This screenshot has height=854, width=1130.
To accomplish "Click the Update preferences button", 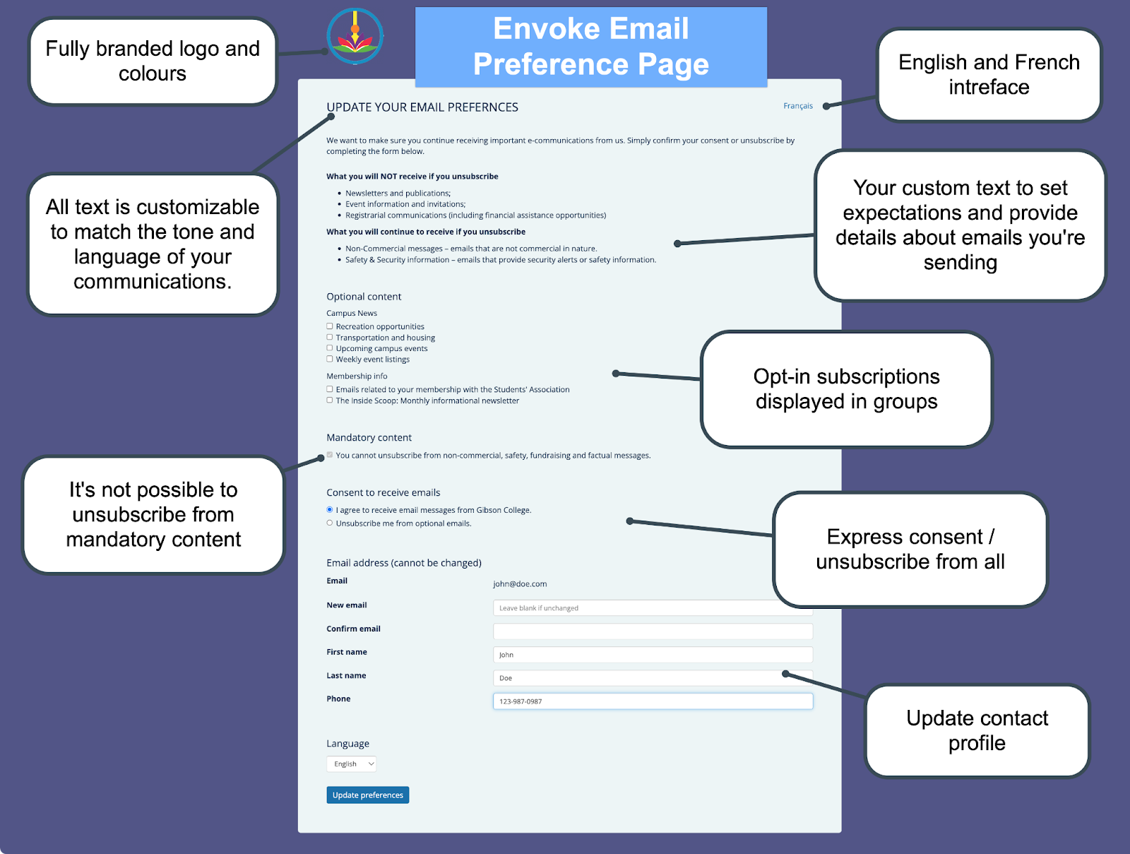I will pos(367,795).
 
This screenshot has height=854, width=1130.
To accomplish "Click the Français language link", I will pos(798,106).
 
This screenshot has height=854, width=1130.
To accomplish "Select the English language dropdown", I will pos(351,764).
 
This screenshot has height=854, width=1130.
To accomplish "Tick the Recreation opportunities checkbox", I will pos(330,326).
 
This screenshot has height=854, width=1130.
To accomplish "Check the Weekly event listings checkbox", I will pos(330,359).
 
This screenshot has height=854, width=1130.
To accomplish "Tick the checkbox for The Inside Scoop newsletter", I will pos(330,401).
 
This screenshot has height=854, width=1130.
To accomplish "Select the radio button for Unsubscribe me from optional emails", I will pos(330,523).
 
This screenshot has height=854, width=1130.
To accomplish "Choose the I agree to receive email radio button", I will pos(330,510).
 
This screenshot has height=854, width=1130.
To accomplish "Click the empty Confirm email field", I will pos(653,631).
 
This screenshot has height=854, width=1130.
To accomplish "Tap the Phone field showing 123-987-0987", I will pos(653,701).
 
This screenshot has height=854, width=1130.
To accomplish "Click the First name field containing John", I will pos(653,655).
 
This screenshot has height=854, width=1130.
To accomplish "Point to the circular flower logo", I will pos(355,36).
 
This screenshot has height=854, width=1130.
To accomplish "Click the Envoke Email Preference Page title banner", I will pos(590,47).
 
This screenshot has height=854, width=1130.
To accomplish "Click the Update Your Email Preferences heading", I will pos(422,107).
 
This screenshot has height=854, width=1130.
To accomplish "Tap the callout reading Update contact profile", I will pos(977,730).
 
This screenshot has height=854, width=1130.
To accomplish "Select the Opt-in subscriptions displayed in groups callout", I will pos(846,389).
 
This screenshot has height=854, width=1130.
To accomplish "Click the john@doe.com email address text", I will pos(520,584).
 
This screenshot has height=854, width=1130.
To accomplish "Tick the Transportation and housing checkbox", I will pos(330,338).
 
